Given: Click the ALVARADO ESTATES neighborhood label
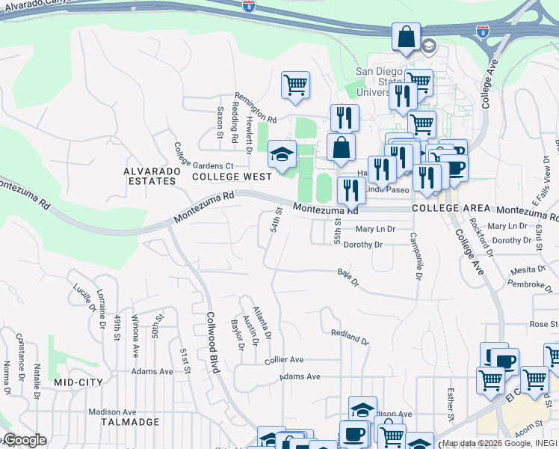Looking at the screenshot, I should (152, 177).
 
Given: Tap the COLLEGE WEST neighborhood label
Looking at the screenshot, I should (232, 177).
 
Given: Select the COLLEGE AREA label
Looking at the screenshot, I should (451, 207).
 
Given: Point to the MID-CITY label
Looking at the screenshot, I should (78, 382).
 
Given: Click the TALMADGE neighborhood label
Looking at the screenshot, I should (130, 422).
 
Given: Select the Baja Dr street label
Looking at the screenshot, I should (348, 278).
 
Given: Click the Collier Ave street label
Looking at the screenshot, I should (284, 360).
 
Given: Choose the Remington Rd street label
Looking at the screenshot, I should (256, 108).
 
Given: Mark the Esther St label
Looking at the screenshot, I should (451, 403).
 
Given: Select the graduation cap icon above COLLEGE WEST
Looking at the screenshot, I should (282, 155).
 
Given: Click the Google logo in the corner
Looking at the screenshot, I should (24, 440).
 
